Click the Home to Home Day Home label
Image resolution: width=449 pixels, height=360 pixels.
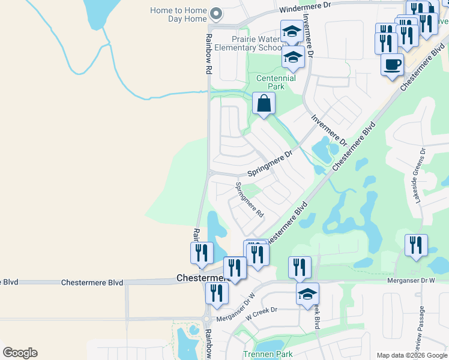tap(178, 15)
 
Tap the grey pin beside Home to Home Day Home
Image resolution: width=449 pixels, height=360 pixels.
tap(218, 13)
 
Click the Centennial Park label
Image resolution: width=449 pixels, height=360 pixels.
tap(276, 83)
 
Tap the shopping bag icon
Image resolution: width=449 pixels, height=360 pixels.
tap(264, 104)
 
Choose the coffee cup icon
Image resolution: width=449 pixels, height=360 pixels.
tap(392, 64)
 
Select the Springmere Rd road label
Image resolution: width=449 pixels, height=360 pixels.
tap(249, 199)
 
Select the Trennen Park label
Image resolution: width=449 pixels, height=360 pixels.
tap(268, 354)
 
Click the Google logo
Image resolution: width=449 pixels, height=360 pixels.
tap(20, 353)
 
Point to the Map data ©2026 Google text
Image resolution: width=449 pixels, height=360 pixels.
tap(412, 355)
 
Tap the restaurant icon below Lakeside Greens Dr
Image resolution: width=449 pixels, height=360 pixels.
tap(416, 246)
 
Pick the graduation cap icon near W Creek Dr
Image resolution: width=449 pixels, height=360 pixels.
tap(307, 294)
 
